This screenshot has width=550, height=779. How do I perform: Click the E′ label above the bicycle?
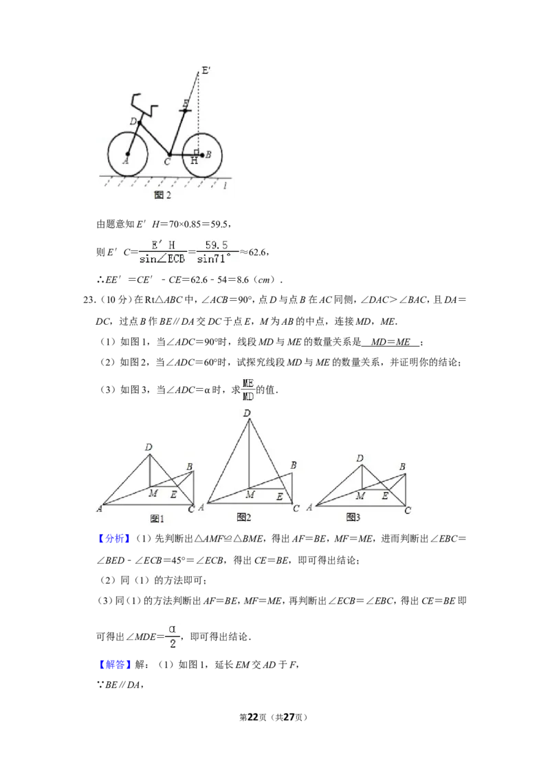tap(206, 71)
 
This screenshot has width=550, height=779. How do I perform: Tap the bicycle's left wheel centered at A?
tap(128, 153)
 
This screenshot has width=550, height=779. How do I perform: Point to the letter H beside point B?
tap(194, 161)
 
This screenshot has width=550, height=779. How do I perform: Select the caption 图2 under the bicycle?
tap(163, 195)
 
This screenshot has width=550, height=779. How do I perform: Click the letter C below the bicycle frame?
tap(168, 162)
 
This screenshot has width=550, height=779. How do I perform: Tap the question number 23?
tap(89, 300)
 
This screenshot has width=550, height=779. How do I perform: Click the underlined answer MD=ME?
tap(390, 342)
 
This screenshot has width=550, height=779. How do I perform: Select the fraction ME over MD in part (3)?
tap(247, 389)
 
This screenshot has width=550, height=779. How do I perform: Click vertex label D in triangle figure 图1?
tap(148, 447)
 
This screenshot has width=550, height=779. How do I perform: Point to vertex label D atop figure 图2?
tap(247, 413)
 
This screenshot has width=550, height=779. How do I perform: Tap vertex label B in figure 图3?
tap(402, 467)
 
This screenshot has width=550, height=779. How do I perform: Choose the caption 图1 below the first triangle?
tap(157, 519)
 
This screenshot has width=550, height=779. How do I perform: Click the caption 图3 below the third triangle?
tap(353, 517)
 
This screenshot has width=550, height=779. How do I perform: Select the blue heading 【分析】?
tap(113, 539)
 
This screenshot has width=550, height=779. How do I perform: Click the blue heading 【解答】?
tap(113, 665)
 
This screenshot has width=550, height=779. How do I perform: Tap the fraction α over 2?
tap(173, 637)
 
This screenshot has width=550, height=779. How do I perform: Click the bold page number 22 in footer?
tap(253, 717)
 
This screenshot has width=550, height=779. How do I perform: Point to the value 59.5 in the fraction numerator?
tap(217, 245)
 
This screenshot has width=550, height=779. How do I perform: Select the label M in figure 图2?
tap(250, 494)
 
